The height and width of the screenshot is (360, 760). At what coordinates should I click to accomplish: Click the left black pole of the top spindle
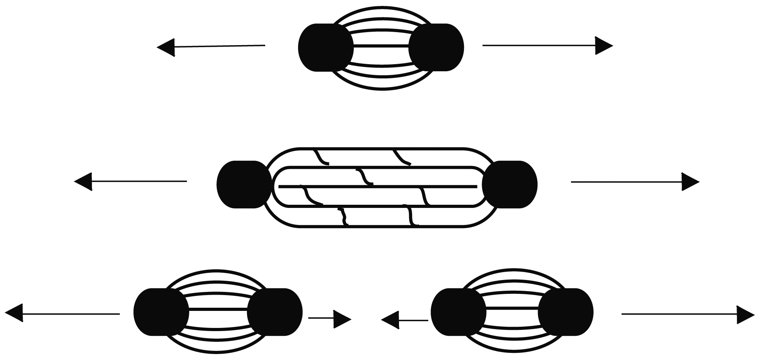(x=325, y=48)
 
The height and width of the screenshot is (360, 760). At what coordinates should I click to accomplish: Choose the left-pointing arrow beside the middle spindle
(x=131, y=181)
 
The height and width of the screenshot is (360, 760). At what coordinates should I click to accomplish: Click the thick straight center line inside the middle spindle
(x=378, y=186)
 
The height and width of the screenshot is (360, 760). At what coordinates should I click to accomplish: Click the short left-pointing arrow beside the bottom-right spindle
(x=404, y=320)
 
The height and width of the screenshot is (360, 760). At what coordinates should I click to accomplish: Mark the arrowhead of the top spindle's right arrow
(x=604, y=46)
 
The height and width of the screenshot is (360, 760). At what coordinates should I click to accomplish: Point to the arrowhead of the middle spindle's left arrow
(x=84, y=181)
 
